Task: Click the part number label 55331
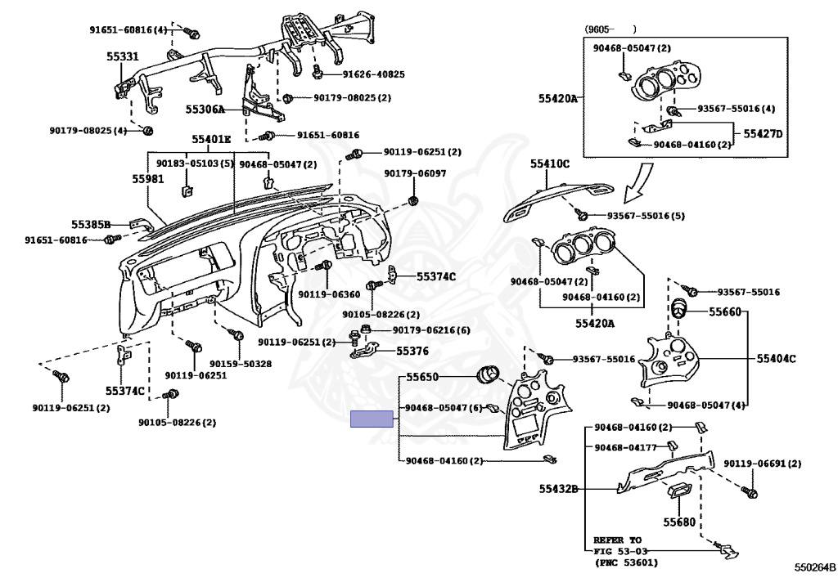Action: tap(122, 56)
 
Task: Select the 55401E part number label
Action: tap(211, 139)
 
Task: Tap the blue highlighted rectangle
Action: tap(372, 419)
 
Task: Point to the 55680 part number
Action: tap(678, 521)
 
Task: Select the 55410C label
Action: tap(549, 164)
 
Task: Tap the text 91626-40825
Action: tap(373, 74)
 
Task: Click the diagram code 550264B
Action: tap(814, 567)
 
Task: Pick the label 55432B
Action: tap(558, 489)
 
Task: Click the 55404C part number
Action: tap(776, 358)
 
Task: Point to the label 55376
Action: tap(412, 351)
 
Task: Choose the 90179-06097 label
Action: tap(416, 173)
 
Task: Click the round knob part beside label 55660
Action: tap(678, 310)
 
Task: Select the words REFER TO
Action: tap(618, 540)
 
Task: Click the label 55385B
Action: tap(90, 223)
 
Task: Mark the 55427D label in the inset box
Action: tap(763, 133)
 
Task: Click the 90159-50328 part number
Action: tap(241, 363)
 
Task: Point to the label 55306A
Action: tap(205, 109)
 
